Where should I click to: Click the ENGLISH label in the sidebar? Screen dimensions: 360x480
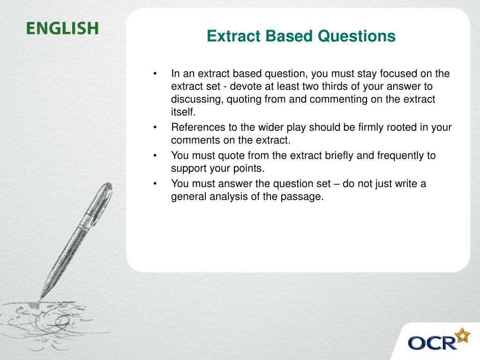tap(62, 29)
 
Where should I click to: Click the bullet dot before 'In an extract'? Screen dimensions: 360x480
tap(155, 74)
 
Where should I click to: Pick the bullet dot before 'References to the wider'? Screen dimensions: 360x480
tap(155, 128)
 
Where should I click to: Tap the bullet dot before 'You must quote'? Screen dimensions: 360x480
tap(155, 156)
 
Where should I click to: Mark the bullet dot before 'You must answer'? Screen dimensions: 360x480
tap(155, 184)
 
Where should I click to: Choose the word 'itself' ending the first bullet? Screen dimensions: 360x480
tap(182, 112)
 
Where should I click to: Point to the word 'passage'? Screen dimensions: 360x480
tap(307, 197)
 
